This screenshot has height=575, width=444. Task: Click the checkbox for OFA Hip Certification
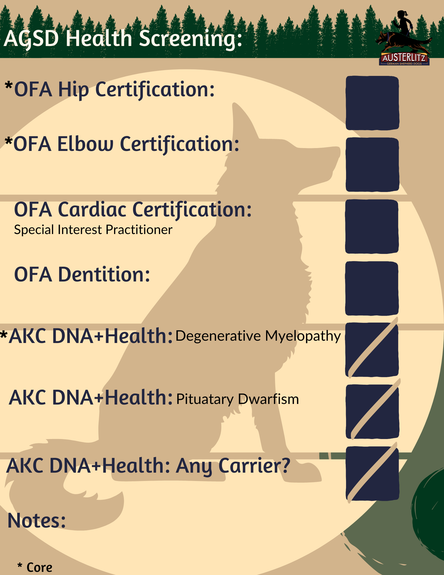[372, 103]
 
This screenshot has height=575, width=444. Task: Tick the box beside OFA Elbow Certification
[372, 165]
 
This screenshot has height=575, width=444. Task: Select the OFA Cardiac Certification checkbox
[372, 227]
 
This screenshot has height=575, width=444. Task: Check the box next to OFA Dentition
[372, 288]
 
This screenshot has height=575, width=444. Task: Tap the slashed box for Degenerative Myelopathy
[372, 350]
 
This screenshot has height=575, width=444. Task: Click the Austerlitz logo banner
[404, 58]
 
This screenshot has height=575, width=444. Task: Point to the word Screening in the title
[191, 39]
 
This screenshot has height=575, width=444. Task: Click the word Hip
[74, 90]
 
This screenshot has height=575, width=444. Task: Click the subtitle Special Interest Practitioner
[93, 230]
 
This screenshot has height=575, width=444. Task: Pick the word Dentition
[104, 275]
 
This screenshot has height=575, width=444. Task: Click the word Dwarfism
[268, 399]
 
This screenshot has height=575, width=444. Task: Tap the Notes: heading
[37, 520]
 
